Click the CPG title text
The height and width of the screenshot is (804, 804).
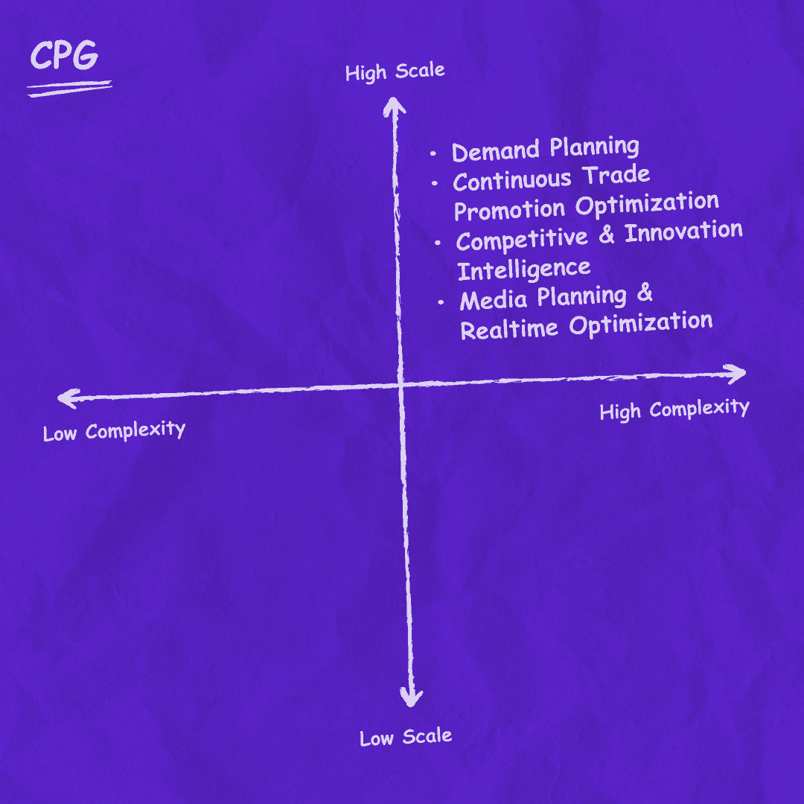[x=63, y=57]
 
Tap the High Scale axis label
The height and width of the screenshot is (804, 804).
[x=395, y=72]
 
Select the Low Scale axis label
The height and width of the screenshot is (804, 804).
[x=406, y=737]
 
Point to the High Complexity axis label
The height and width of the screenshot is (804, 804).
[x=674, y=409]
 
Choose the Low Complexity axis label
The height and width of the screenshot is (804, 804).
[x=114, y=431]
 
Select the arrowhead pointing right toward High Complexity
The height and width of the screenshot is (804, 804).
[x=736, y=374]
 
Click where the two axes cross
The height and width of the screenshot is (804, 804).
[x=401, y=385]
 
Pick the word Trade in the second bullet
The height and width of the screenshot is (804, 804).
[x=616, y=176]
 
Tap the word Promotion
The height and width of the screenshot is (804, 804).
[x=509, y=210]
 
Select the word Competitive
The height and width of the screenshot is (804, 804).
[x=522, y=240]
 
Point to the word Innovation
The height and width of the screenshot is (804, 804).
[x=683, y=232]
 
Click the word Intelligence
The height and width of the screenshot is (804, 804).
[x=523, y=269]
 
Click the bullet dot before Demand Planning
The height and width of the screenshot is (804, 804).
[x=433, y=154]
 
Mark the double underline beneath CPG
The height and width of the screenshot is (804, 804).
[x=68, y=89]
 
